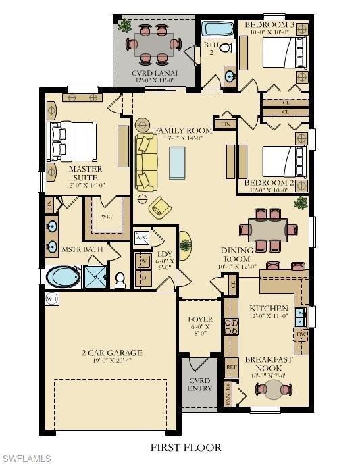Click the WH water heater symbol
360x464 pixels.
(51, 298)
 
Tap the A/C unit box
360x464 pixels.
(142, 238)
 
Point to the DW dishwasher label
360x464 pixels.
(301, 334)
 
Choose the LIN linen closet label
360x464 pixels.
(225, 125)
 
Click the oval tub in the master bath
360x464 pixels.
(63, 277)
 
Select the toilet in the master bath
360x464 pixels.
(121, 278)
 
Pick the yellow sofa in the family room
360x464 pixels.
(145, 162)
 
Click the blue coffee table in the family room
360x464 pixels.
(177, 162)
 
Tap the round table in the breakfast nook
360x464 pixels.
(275, 390)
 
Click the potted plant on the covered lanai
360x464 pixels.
(124, 26)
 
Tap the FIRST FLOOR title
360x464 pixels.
(185, 447)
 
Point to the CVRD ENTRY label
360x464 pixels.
(200, 384)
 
